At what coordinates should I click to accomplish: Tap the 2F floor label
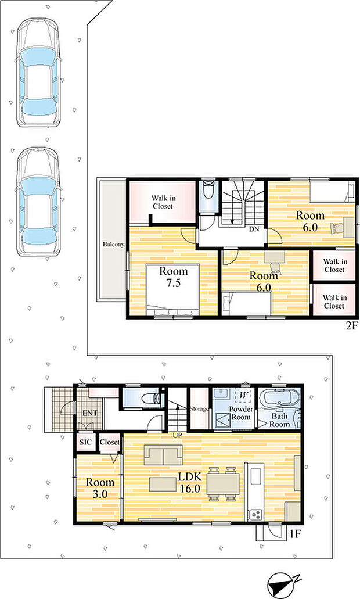(352, 327)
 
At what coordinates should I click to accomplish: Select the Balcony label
(113, 244)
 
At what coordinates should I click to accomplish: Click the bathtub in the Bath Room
(279, 398)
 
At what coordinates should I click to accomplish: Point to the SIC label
(85, 442)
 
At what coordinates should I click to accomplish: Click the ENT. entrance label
(91, 413)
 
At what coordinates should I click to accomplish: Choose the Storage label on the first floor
(199, 409)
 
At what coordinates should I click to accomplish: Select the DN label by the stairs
(254, 229)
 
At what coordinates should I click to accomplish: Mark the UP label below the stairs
(178, 436)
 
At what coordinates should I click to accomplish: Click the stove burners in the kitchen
(255, 514)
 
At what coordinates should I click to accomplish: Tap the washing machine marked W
(243, 395)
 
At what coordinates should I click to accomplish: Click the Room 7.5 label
(173, 277)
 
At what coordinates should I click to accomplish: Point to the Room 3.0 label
(100, 488)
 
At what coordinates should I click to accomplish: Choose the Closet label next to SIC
(110, 442)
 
